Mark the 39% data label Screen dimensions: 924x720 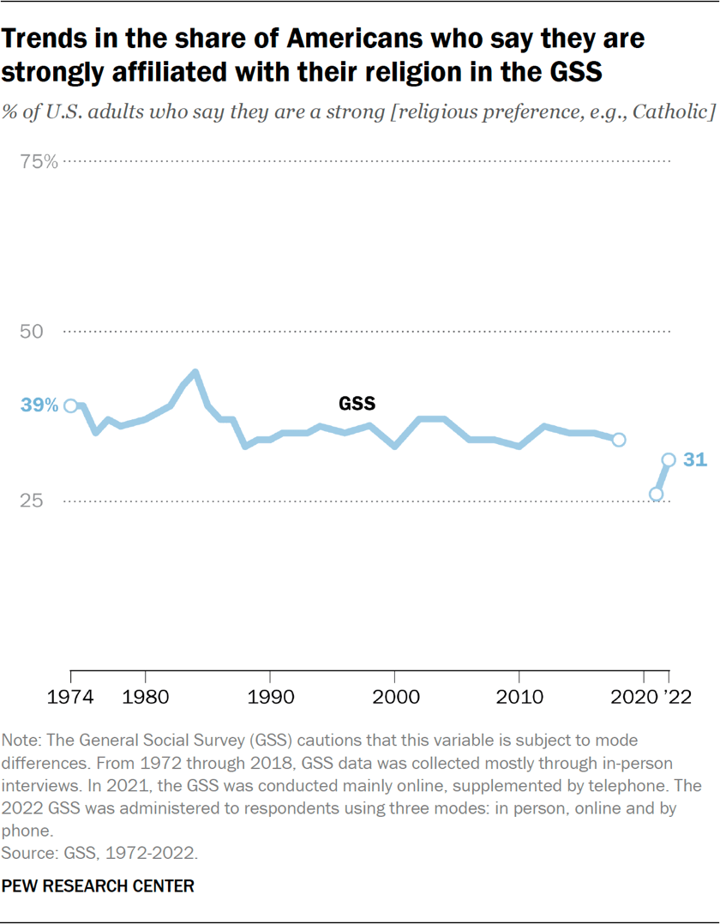pos(40,405)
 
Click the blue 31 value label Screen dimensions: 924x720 pos(694,460)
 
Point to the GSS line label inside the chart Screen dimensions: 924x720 pos(357,403)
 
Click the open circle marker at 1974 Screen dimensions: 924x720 pos(71,406)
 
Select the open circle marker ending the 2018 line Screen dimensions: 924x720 pos(619,440)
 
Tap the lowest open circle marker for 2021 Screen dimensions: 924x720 pos(657,494)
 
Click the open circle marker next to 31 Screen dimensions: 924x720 pos(669,460)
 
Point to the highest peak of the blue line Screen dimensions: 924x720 pos(195,372)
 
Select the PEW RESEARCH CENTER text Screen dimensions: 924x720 pos(99,885)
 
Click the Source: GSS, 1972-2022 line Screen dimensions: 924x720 pos(99,854)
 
